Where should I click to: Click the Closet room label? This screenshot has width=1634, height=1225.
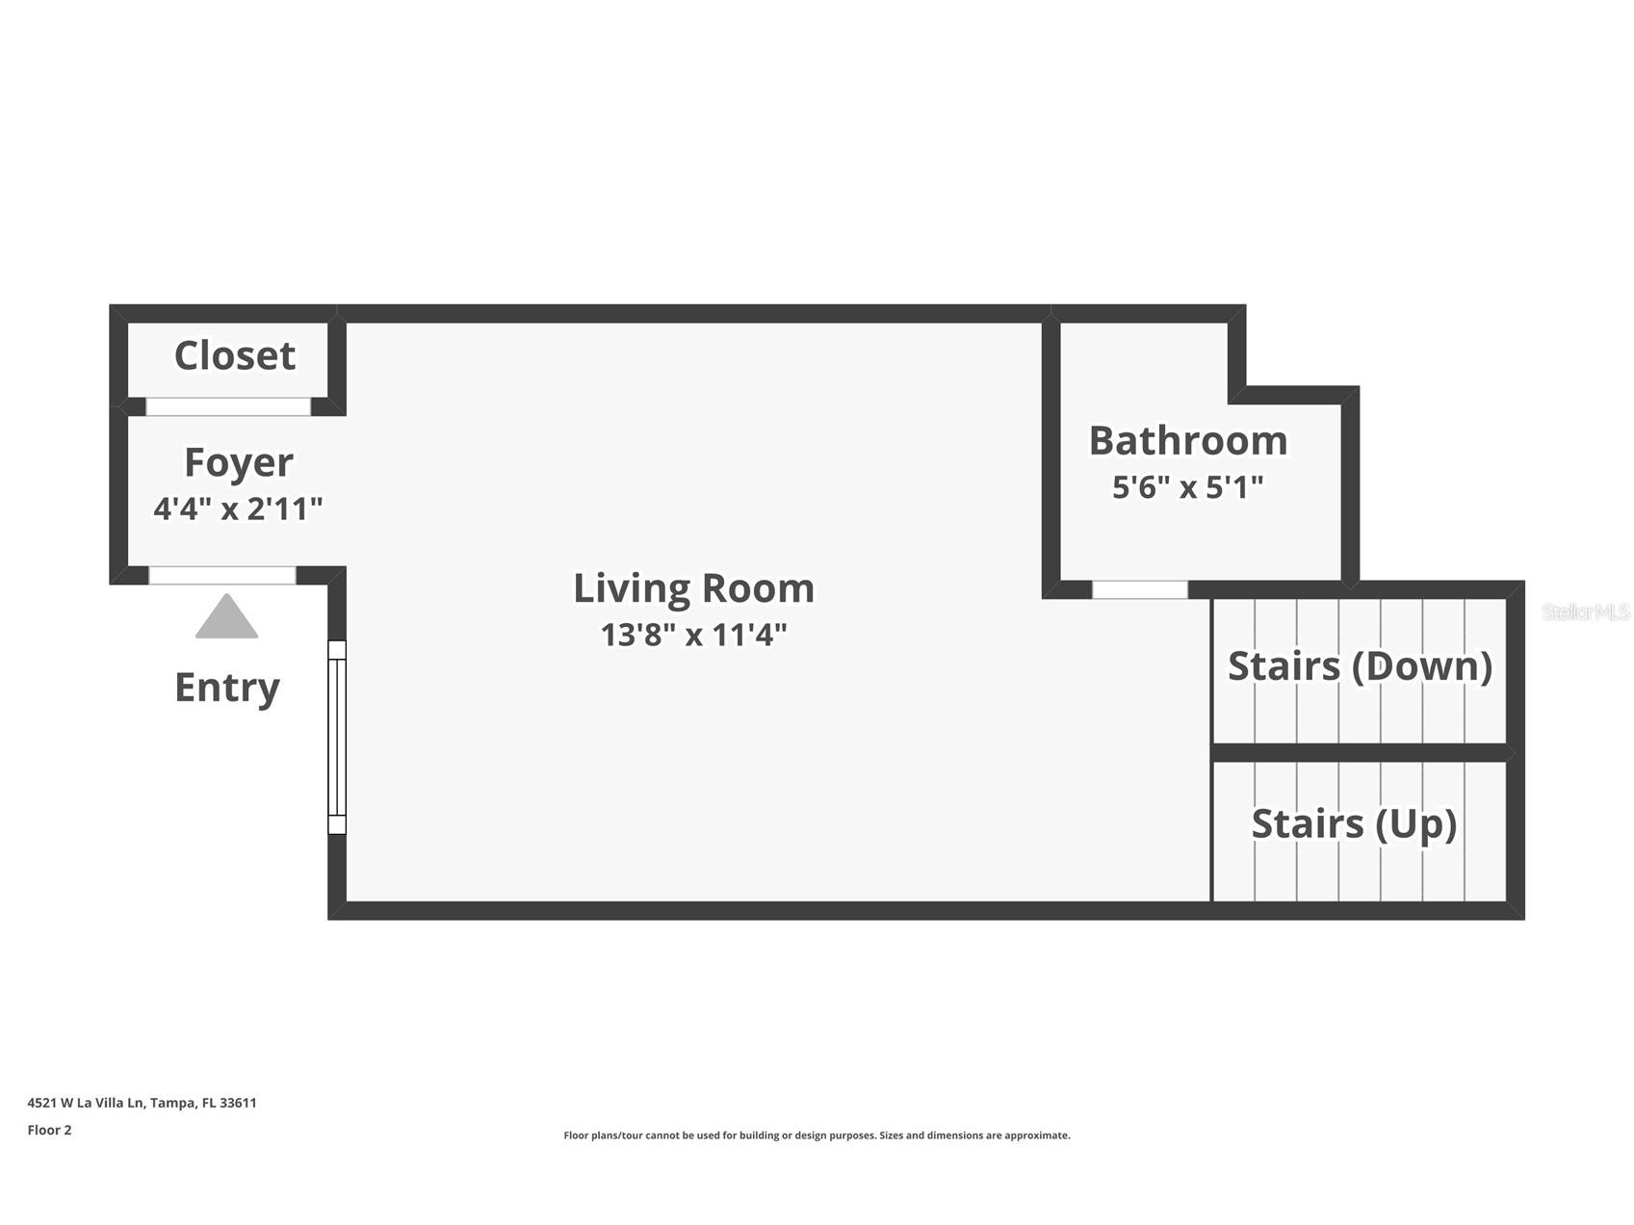coord(234,355)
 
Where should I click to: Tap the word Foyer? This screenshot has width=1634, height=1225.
coord(238,462)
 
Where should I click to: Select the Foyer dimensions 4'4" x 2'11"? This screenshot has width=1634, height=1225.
coord(238,508)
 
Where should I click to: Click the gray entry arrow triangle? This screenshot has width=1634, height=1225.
coord(226,618)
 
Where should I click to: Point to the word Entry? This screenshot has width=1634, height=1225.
coord(227,688)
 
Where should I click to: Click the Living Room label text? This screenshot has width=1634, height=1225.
coord(693,588)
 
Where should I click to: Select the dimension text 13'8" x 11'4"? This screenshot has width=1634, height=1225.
coord(693,635)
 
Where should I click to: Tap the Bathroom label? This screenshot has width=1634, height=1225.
coord(1187,441)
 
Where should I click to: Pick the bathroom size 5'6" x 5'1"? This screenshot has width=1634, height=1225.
coord(1187,487)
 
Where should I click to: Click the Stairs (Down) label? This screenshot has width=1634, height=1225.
coord(1360,666)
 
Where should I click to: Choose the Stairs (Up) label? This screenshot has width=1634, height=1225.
coord(1353,824)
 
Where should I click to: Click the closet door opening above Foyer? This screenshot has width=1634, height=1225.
coord(228,406)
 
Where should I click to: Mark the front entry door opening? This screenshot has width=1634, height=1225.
coord(222,575)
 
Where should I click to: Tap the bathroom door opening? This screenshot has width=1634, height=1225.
coord(1139,589)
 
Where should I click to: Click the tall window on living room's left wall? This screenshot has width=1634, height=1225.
coord(337,737)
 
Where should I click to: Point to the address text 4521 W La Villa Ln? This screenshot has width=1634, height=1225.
coord(142,1103)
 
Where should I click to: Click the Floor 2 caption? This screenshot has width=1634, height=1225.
coord(49,1130)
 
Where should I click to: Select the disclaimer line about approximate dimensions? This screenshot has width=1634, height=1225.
coord(817,1135)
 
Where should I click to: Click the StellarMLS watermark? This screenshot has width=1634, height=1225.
coord(1585,612)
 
